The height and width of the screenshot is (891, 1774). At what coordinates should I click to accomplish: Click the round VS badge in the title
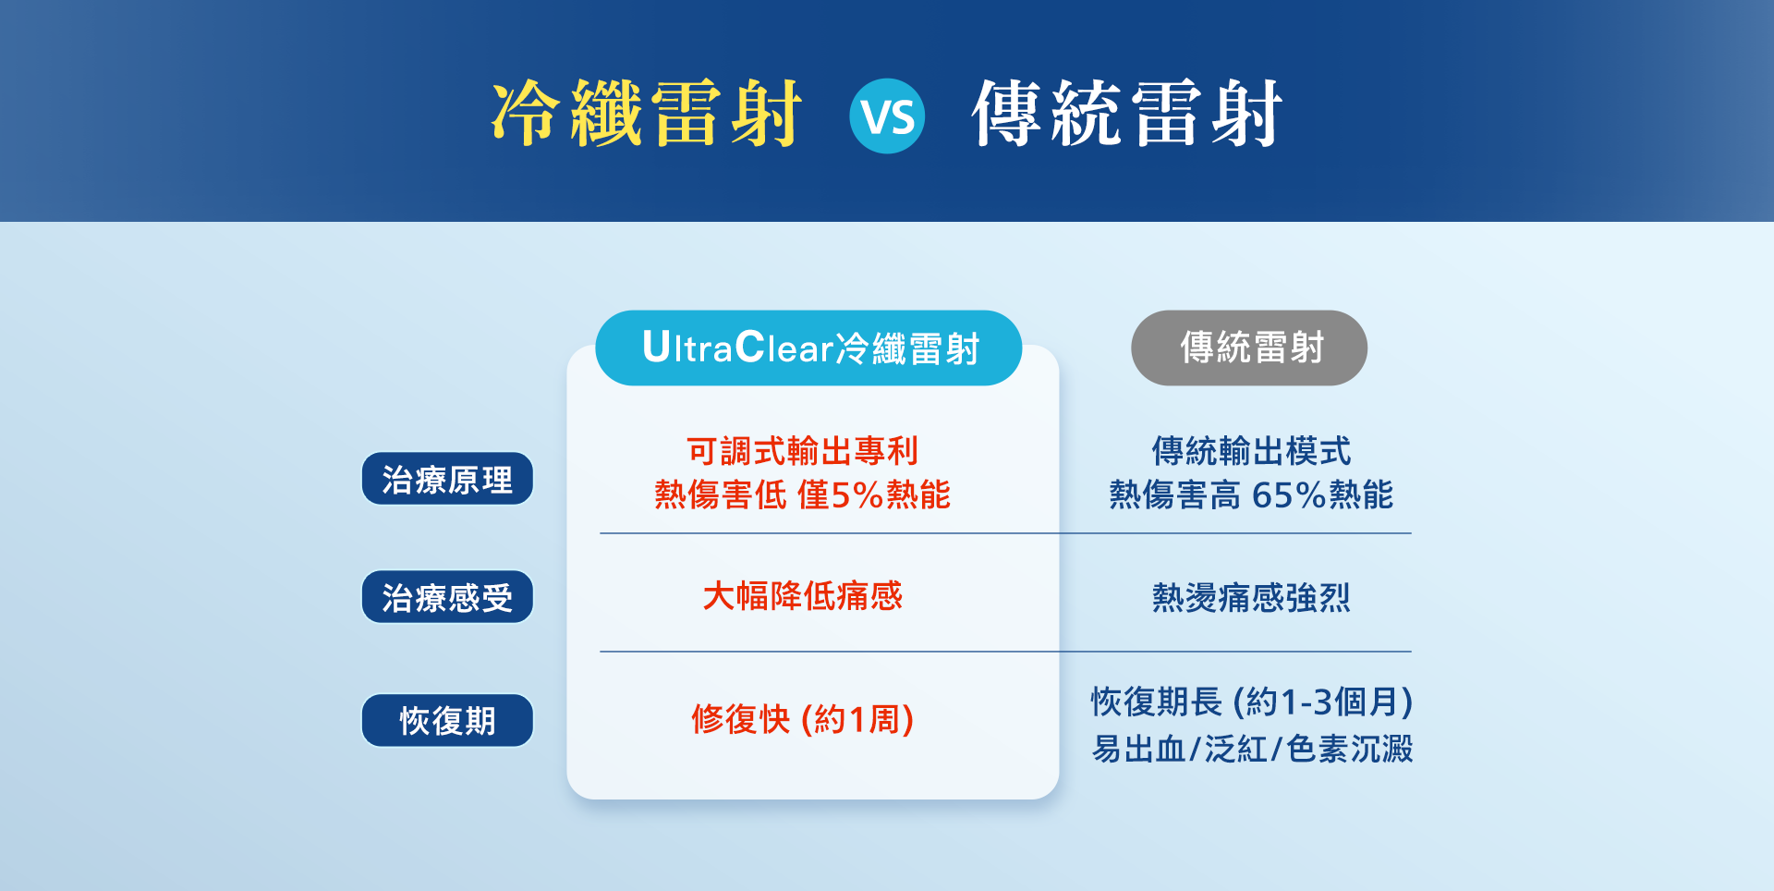887,116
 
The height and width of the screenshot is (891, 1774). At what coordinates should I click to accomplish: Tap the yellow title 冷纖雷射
646,114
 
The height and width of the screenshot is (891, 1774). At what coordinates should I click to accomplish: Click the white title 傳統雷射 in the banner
1127,114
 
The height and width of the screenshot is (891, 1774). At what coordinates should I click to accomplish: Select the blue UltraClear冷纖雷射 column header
808,348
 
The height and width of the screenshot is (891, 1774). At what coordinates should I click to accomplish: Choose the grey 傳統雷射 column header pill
1249,348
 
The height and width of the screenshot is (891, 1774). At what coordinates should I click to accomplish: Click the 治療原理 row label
447,479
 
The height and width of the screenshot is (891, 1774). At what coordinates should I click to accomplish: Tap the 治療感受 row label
447,597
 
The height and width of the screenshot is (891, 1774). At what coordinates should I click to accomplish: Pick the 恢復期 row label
447,720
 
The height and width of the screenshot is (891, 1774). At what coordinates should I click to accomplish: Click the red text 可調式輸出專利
802,451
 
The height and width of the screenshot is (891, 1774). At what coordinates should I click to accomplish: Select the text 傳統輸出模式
1251,451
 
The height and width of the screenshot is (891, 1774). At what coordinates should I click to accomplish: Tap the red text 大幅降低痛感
802,596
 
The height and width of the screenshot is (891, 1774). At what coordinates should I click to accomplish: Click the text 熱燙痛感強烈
1251,597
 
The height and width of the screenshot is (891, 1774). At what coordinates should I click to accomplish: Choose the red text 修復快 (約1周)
802,719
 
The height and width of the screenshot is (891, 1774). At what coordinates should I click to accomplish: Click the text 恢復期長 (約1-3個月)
1252,702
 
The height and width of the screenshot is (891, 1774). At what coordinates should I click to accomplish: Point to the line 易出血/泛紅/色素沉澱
1252,749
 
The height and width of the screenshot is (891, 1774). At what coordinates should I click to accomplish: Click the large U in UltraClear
656,347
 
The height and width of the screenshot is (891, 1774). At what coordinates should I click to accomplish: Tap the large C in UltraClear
750,347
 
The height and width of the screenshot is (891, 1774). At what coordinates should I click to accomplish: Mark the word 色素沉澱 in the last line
1350,749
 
